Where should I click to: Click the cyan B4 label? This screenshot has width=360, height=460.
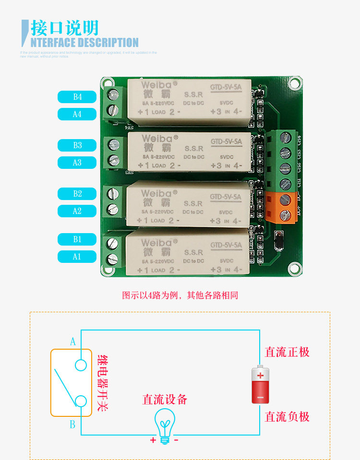[77, 97]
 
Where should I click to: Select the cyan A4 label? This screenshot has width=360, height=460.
[77, 114]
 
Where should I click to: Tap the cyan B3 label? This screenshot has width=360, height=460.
[77, 145]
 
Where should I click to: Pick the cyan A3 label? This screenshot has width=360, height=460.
[77, 163]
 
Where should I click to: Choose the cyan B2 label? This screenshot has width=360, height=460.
[77, 194]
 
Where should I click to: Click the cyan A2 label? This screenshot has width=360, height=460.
[77, 211]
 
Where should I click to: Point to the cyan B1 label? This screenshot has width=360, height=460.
[77, 239]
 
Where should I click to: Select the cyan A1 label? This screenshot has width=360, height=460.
[77, 257]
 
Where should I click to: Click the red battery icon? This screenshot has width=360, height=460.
[260, 385]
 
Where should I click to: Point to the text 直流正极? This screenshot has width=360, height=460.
[287, 352]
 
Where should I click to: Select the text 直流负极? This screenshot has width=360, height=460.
[287, 416]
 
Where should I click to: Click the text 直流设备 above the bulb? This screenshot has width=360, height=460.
[165, 399]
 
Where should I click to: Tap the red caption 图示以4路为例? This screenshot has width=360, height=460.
[180, 295]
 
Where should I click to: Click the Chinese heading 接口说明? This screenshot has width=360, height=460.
[64, 27]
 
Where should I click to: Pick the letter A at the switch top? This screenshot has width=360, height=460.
[73, 342]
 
